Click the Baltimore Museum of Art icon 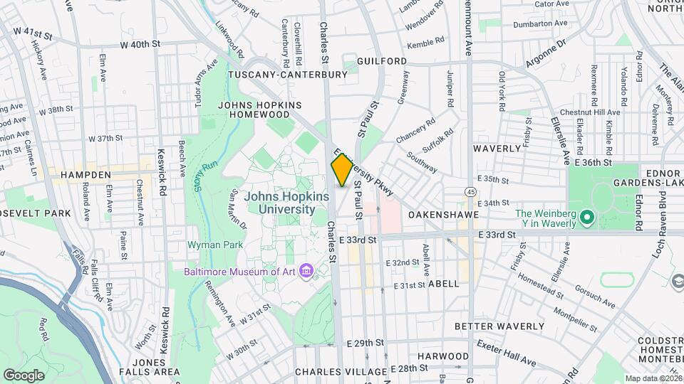[307, 271]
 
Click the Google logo [24, 375]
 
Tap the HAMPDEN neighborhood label [86, 174]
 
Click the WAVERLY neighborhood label [498, 149]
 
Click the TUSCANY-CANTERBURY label [287, 74]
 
